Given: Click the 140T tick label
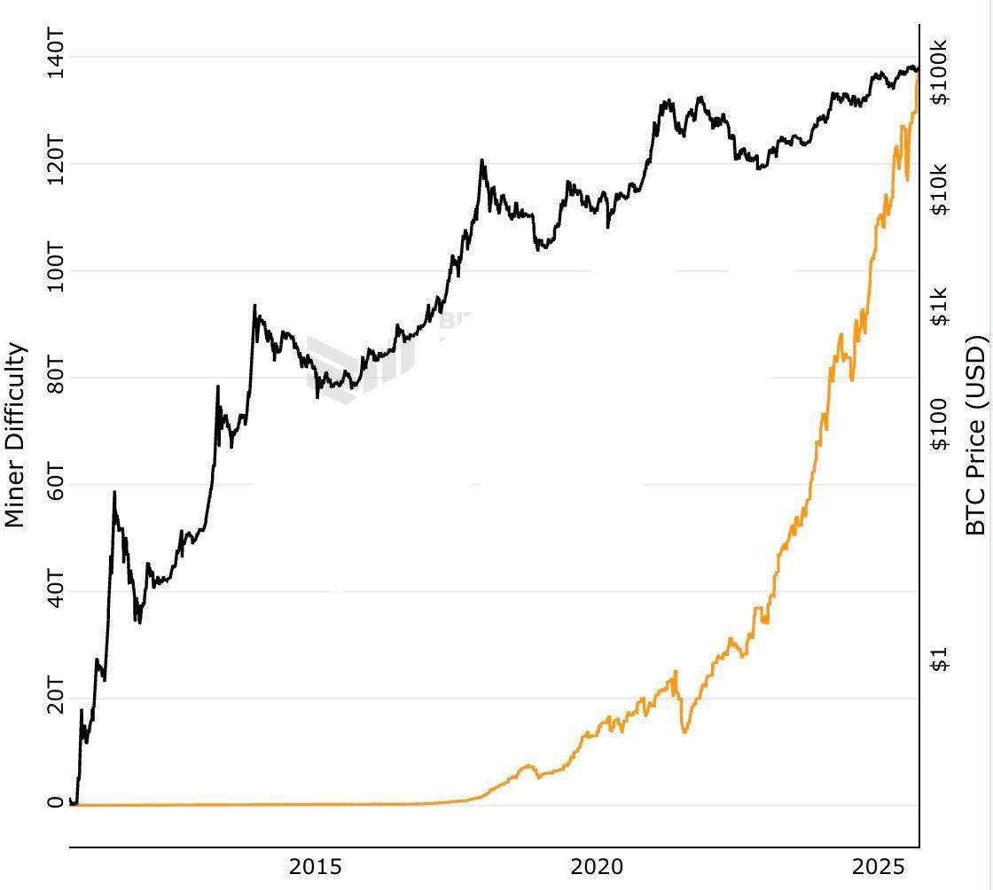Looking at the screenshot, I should click(55, 55).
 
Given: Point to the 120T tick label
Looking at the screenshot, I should click(55, 162).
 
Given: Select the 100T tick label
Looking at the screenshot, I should click(55, 269).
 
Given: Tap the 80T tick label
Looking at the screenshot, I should click(55, 378).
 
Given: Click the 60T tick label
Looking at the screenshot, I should click(55, 485).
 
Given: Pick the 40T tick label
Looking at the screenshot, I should click(55, 591).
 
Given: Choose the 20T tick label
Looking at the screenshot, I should click(55, 699).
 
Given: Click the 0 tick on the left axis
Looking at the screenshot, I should click(56, 803).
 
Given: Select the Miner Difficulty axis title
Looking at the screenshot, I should click(15, 435).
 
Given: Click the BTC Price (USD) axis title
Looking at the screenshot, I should click(974, 435).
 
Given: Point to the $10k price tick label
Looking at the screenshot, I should click(939, 189).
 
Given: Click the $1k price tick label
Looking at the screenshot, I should click(939, 306).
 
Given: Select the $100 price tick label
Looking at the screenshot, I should click(939, 424).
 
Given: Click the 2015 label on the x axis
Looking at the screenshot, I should click(316, 866).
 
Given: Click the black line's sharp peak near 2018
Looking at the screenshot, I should click(481, 160).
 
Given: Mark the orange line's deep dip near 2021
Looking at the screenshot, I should click(684, 731).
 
